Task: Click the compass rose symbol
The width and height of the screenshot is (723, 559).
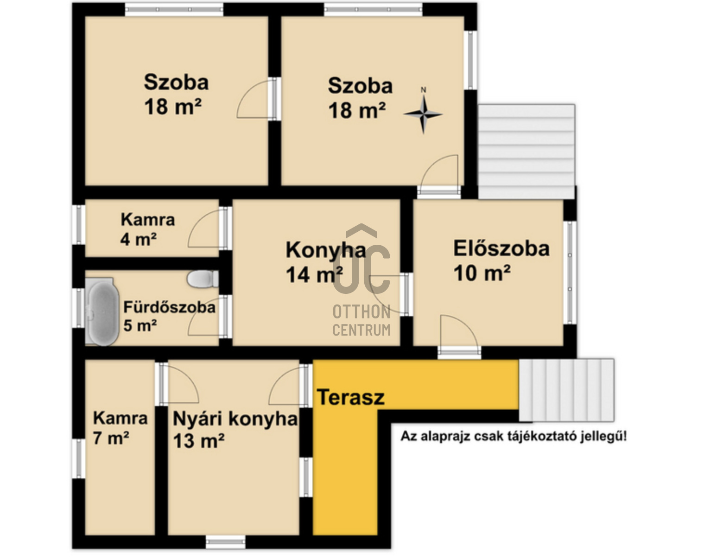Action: [x=423, y=114]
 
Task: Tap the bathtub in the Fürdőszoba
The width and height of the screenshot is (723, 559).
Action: [x=103, y=311]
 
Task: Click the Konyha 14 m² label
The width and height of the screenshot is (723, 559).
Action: [x=324, y=262]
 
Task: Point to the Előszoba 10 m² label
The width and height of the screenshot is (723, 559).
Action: [x=501, y=260]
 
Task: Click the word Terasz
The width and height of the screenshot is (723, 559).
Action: [x=350, y=397]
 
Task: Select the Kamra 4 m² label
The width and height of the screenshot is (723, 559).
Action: [x=147, y=229]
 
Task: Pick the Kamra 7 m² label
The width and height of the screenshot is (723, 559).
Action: [x=120, y=427]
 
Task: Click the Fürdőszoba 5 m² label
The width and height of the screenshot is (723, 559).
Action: [x=169, y=316]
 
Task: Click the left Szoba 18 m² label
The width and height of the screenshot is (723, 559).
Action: [x=176, y=94]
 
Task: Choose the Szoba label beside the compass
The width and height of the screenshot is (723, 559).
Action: [x=360, y=98]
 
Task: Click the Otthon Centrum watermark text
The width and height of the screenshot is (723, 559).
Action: [x=361, y=320]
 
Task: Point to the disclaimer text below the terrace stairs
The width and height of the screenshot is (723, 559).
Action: [x=514, y=436]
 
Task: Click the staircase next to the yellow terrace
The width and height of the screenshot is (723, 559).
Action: [x=566, y=390]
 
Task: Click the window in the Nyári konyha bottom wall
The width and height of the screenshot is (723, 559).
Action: [x=225, y=541]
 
